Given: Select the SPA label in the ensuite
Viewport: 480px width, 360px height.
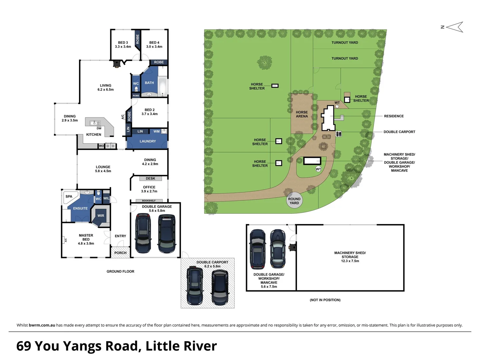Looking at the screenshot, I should pyautogui.click(x=69, y=196).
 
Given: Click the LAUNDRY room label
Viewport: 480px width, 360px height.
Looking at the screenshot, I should pyautogui.click(x=148, y=141).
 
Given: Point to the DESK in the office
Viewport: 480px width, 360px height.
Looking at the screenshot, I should pyautogui.click(x=150, y=178).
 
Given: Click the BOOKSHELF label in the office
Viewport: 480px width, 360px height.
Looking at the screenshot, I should pyautogui.click(x=149, y=201).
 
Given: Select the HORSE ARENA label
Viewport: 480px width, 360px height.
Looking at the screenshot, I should pyautogui.click(x=302, y=114).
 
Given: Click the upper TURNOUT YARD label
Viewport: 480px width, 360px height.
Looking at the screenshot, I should pyautogui.click(x=345, y=43).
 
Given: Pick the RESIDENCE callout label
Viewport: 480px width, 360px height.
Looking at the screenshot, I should pyautogui.click(x=394, y=116).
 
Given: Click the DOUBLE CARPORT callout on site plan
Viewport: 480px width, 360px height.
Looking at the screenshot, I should pyautogui.click(x=399, y=132).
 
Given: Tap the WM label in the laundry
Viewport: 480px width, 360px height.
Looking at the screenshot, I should pyautogui.click(x=157, y=131).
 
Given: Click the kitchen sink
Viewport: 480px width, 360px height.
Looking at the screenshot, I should pyautogui.click(x=95, y=123).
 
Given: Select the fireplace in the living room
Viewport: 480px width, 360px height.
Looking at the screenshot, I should pyautogui.click(x=116, y=64).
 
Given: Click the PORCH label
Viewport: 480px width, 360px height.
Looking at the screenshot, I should pyautogui.click(x=120, y=253).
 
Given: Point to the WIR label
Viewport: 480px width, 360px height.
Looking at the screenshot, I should pyautogui.click(x=101, y=216).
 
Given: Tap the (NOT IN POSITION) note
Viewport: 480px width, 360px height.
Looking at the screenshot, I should pyautogui.click(x=325, y=300).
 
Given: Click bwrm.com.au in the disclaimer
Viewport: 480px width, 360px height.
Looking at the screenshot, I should pyautogui.click(x=42, y=325).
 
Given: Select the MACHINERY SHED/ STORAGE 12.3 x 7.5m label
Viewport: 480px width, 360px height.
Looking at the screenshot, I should pyautogui.click(x=350, y=257).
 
